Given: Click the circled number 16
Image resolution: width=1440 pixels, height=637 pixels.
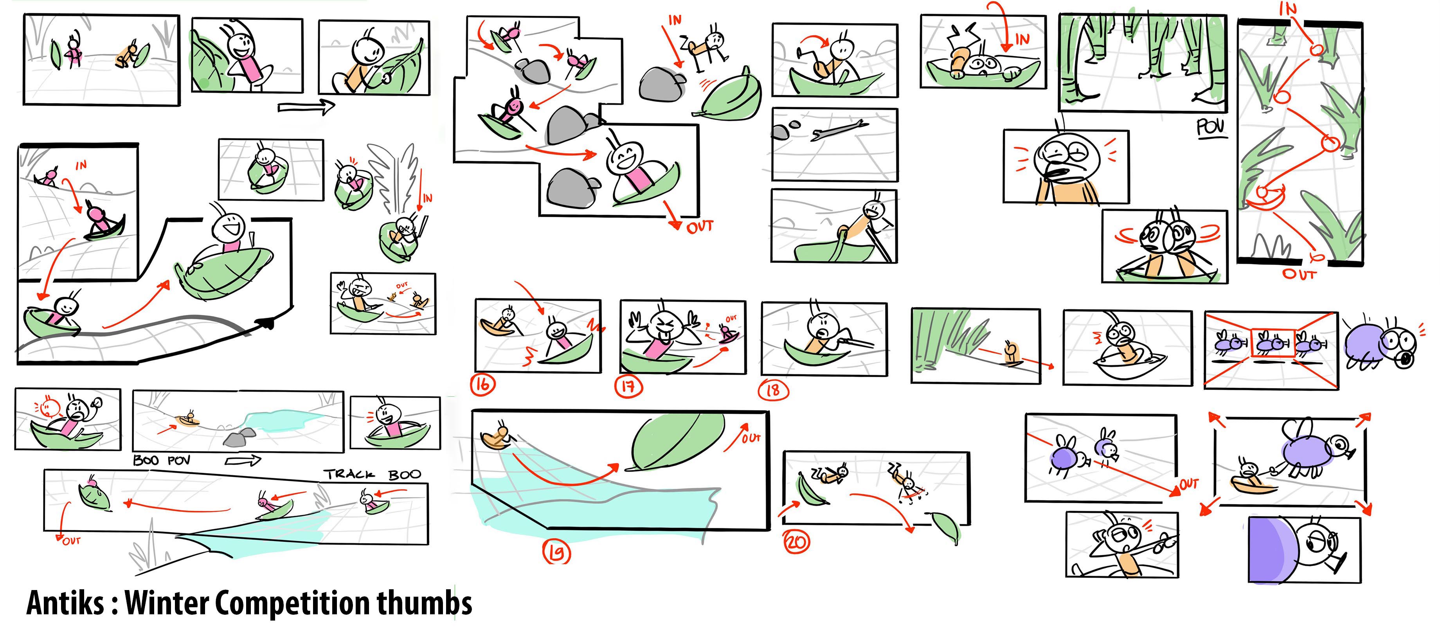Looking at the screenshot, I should point(482,385).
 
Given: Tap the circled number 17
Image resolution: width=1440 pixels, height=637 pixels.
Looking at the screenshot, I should point(628,387).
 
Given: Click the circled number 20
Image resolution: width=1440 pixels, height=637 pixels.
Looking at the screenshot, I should point(796,542).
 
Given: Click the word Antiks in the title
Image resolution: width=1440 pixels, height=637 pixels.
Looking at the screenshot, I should point(65,603).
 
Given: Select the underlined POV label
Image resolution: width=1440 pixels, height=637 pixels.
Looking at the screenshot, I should point(1210,128).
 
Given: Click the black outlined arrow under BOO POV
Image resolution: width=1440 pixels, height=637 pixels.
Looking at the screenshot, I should point(243,461).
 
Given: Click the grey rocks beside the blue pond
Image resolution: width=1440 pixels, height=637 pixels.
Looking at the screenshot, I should point(239,437).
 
